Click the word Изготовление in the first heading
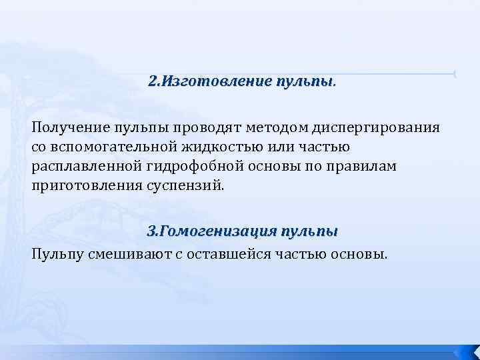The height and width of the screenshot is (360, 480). [x=212, y=82]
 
